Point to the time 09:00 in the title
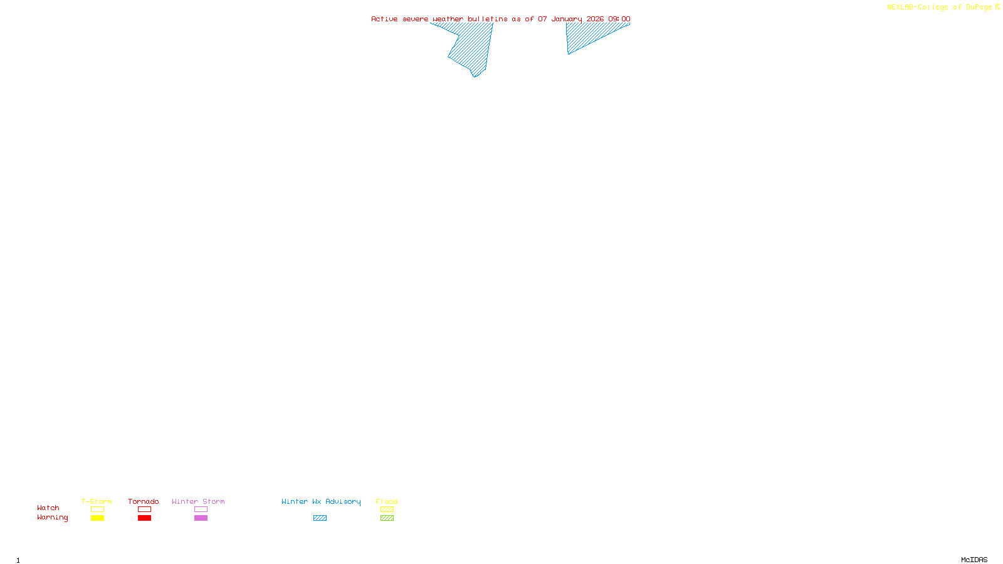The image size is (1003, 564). pyautogui.click(x=619, y=19)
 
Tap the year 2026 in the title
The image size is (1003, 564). pyautogui.click(x=595, y=19)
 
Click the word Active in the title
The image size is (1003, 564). pyautogui.click(x=384, y=19)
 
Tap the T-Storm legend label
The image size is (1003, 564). pyautogui.click(x=97, y=501)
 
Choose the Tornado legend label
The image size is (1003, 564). pyautogui.click(x=144, y=501)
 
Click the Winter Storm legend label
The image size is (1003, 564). pyautogui.click(x=198, y=501)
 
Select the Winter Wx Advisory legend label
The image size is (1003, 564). pyautogui.click(x=321, y=501)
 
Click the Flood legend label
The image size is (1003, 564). pyautogui.click(x=387, y=501)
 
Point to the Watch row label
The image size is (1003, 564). pyautogui.click(x=48, y=508)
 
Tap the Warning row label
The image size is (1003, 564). pyautogui.click(x=53, y=518)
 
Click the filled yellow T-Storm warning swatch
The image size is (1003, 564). pyautogui.click(x=97, y=518)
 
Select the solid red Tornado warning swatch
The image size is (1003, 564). pyautogui.click(x=144, y=518)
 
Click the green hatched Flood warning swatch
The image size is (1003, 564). pyautogui.click(x=387, y=518)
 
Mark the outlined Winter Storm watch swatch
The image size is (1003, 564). pyautogui.click(x=201, y=509)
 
